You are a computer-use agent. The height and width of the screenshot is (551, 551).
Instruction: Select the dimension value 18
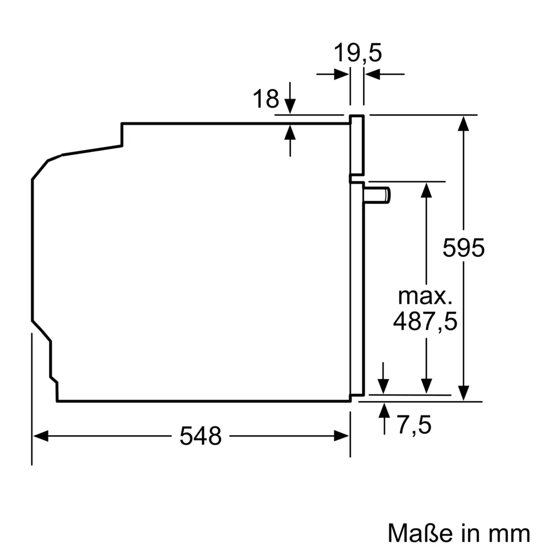[266, 99]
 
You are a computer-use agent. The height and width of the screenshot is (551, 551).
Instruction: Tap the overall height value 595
[463, 248]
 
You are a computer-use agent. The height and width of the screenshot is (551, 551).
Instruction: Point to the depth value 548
[201, 436]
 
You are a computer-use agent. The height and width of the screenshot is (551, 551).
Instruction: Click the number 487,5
[425, 321]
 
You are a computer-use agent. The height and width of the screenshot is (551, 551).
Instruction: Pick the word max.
[425, 297]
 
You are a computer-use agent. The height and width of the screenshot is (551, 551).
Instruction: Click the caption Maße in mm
[458, 533]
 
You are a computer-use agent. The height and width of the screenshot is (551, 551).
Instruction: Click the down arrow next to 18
[290, 105]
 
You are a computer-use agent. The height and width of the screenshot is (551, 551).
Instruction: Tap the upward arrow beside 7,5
[383, 411]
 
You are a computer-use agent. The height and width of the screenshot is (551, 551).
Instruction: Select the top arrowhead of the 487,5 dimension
[425, 189]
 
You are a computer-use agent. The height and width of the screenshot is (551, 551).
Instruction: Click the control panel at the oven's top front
[357, 146]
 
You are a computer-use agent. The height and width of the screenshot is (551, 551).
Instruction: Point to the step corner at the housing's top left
[122, 124]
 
